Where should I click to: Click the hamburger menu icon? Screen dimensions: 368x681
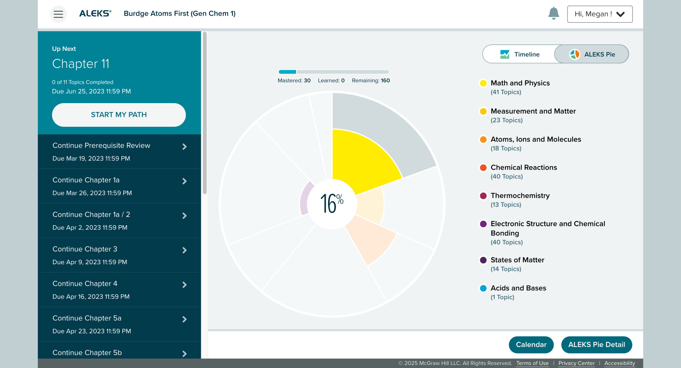coord(58,14)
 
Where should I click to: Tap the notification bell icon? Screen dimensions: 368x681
coord(554,13)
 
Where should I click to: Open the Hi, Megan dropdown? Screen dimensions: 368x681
coord(600,14)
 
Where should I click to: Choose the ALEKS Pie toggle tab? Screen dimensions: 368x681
coord(592,54)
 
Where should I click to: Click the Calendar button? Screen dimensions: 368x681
coord(531,345)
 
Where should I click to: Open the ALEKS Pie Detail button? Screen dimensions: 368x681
coord(596,345)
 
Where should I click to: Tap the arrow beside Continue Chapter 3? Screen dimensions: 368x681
coord(184,250)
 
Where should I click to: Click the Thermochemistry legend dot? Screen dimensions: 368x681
coord(483,196)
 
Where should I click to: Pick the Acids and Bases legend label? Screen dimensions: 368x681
coord(518,288)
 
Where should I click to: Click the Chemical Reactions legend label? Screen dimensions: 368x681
coord(524,168)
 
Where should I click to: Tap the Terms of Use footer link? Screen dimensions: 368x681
coord(532,363)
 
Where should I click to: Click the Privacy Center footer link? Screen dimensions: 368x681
coord(576,363)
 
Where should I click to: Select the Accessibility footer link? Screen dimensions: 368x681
coord(620,363)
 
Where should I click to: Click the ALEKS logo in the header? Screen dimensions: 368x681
coord(95,14)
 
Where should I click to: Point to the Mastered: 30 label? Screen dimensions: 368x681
coord(294,81)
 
